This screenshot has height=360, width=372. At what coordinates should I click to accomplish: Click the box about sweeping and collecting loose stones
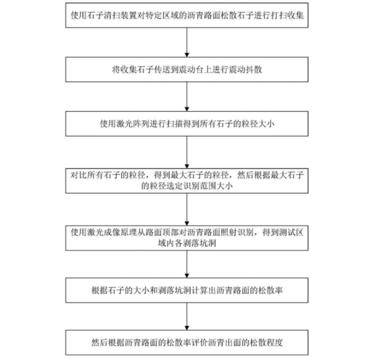pyautogui.click(x=186, y=15)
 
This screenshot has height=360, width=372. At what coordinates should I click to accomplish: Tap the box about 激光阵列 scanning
pyautogui.click(x=186, y=122)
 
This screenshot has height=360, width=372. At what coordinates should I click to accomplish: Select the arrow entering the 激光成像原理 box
pyautogui.click(x=186, y=210)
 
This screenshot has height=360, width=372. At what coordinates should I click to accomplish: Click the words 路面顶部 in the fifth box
pyautogui.click(x=157, y=231)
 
